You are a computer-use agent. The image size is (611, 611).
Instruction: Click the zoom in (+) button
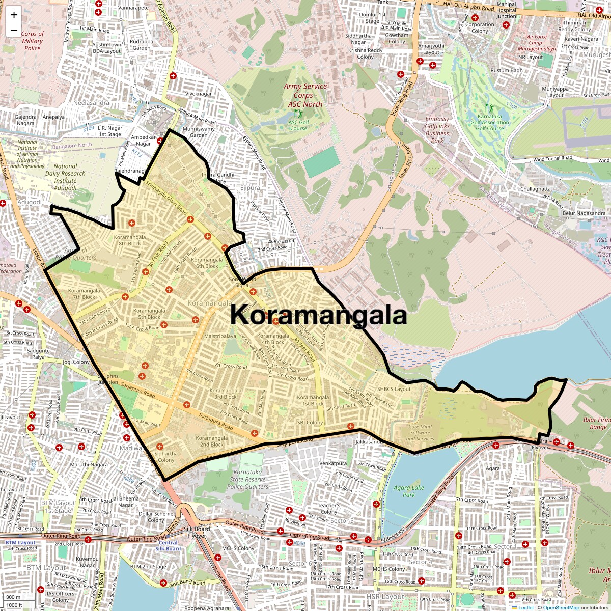tap(14, 15)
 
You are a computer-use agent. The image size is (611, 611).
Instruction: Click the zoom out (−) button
tap(14, 30)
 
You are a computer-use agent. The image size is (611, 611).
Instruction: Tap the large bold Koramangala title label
tap(318, 315)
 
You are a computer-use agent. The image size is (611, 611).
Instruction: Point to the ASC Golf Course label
tap(299, 125)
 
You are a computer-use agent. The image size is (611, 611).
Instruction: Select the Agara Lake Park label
tap(409, 491)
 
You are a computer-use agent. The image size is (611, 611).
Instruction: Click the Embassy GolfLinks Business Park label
tap(437, 129)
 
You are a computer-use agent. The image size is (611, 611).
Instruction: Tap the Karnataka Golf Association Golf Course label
tap(489, 122)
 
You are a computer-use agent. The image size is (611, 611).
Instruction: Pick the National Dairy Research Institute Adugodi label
tap(65, 177)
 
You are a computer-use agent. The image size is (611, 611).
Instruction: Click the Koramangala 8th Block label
tap(130, 240)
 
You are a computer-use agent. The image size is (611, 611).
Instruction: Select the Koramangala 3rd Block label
tap(225, 394)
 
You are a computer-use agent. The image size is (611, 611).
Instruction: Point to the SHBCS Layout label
tap(394, 388)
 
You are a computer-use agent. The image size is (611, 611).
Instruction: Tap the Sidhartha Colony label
tap(166, 456)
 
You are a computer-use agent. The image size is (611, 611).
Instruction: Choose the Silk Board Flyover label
tap(197, 532)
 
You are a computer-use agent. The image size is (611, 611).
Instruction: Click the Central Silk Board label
tap(168, 546)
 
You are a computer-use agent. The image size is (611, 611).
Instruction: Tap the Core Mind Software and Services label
tap(420, 433)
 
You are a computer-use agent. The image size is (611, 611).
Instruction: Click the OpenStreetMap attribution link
tap(561, 607)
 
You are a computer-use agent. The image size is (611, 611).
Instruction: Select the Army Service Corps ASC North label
tap(305, 95)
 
